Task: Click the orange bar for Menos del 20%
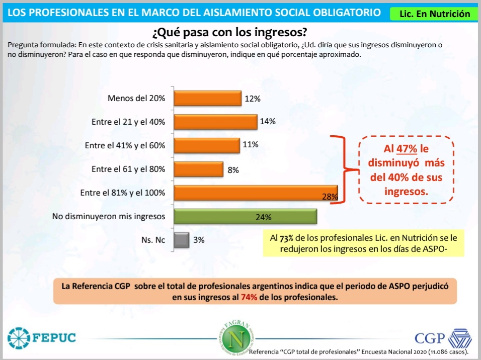coord(207,99)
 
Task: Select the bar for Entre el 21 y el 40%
coord(215,122)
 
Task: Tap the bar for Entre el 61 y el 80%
coord(198,169)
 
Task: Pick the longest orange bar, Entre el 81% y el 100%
coord(256,193)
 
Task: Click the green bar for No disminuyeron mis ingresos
coord(245,217)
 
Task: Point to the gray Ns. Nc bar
coord(181,240)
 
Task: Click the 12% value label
coord(253,99)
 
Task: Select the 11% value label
coord(251,145)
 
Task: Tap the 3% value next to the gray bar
coord(199,240)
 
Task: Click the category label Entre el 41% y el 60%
coord(125,146)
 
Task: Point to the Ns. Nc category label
coord(153,240)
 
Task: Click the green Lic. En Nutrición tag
coord(434,14)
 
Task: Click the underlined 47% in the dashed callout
coord(407,149)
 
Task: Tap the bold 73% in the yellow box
coord(291,238)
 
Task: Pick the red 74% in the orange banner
coord(249,298)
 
